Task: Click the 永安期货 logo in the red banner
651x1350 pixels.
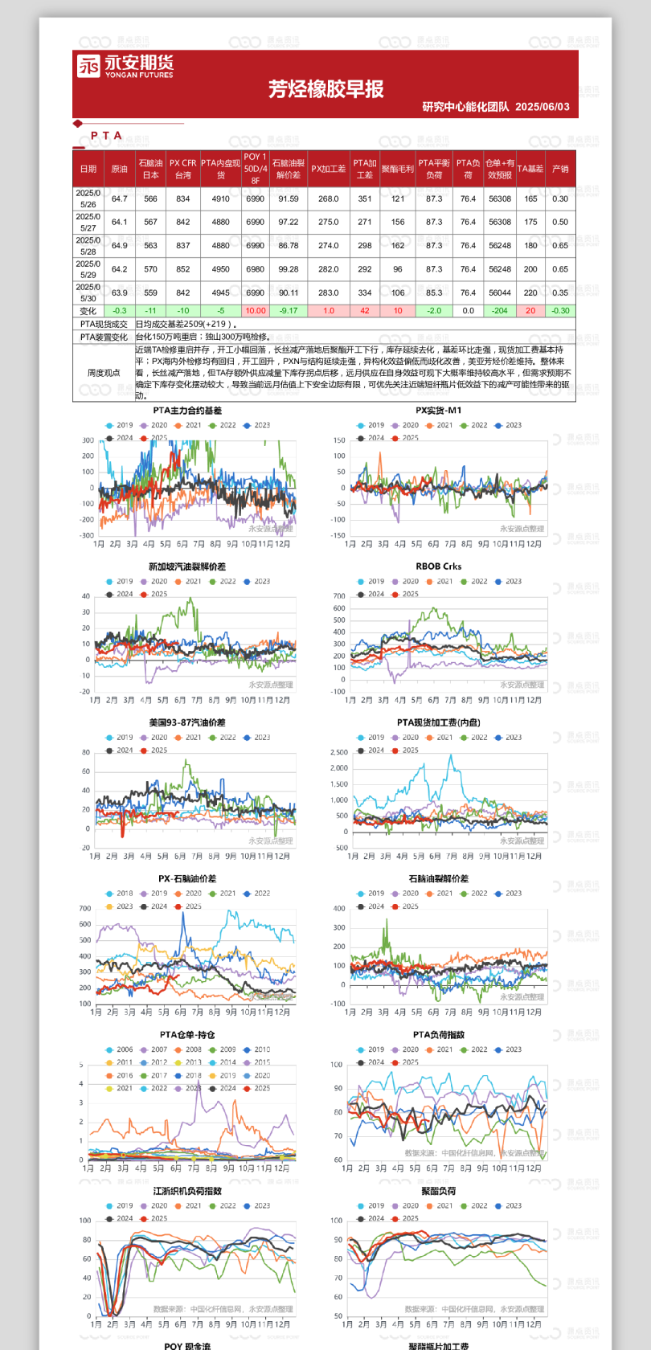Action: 125,66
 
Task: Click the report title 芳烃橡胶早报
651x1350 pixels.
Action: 325,89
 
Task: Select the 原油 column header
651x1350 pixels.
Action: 119,169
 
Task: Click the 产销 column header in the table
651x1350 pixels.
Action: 560,169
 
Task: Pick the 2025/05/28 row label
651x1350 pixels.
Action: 88,246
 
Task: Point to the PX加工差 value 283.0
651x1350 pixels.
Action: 328,293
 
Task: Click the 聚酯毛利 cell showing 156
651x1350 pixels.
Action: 397,223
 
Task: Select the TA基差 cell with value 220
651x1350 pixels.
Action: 530,293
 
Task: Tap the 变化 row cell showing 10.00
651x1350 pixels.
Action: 255,311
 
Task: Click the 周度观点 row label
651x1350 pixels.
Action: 104,373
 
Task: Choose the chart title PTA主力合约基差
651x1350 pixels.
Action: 187,411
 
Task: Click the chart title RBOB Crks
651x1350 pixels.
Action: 438,567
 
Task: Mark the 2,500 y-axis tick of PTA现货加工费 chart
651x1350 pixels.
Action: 339,753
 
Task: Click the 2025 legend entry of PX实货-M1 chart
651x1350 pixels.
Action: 410,439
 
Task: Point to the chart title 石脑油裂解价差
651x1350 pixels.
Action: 438,879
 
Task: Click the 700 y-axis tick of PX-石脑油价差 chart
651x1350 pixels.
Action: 85,909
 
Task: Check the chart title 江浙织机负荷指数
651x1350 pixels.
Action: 187,1192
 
